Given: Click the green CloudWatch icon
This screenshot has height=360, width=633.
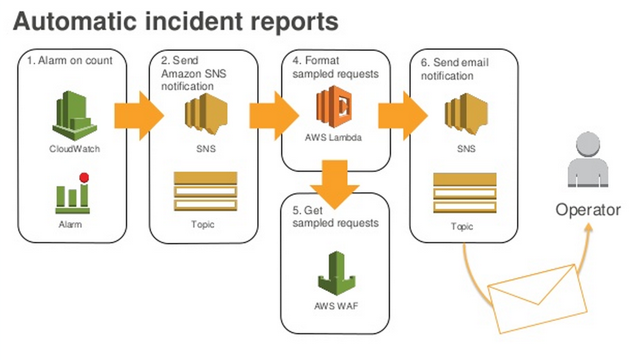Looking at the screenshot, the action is click(x=75, y=115).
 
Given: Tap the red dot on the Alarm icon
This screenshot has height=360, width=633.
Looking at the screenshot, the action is click(x=84, y=178).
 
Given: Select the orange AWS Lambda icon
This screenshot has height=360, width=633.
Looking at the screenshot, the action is click(x=334, y=107).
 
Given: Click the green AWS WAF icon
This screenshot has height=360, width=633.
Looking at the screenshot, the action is click(x=336, y=273).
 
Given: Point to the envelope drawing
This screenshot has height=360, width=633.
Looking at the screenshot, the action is click(x=537, y=299).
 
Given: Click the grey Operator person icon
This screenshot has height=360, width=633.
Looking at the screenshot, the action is click(x=588, y=160).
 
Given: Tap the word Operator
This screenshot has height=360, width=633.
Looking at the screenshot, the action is click(x=588, y=210).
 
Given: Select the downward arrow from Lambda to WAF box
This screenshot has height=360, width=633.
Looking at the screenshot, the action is click(x=335, y=184).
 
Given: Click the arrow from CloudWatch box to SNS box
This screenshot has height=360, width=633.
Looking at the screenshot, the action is click(x=139, y=116).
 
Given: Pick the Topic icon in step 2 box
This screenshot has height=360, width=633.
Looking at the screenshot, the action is click(x=205, y=192).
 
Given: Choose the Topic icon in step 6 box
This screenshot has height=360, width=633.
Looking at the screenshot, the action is click(x=465, y=193).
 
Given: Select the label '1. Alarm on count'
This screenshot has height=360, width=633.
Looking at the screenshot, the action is click(x=70, y=60).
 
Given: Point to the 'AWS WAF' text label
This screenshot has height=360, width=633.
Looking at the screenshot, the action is click(x=336, y=306).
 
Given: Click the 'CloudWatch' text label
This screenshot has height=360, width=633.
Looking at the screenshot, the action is click(x=75, y=149).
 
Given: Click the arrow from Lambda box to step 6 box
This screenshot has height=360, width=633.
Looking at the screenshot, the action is click(x=403, y=116).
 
